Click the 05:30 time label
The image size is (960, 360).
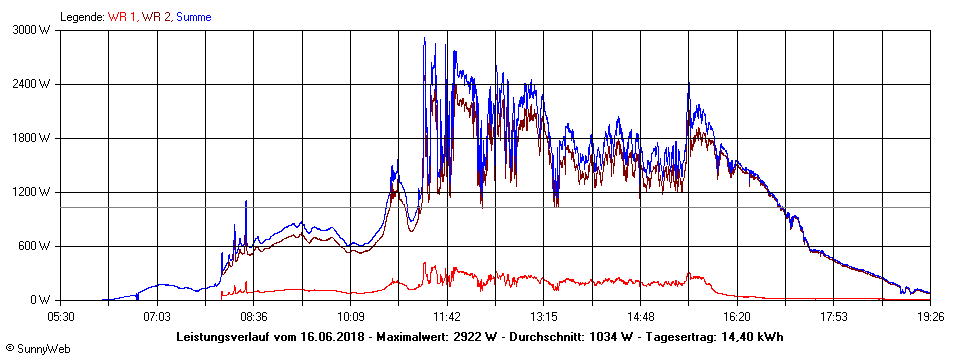tap(61, 317)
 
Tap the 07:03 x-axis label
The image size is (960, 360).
tap(157, 317)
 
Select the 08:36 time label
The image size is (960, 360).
tap(254, 317)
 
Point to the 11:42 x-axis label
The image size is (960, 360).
tap(447, 317)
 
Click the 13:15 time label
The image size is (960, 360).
tap(544, 317)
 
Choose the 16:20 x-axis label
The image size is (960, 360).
tap(737, 317)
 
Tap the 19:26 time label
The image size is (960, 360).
tap(931, 317)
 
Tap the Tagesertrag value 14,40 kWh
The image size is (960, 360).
tap(749, 336)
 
